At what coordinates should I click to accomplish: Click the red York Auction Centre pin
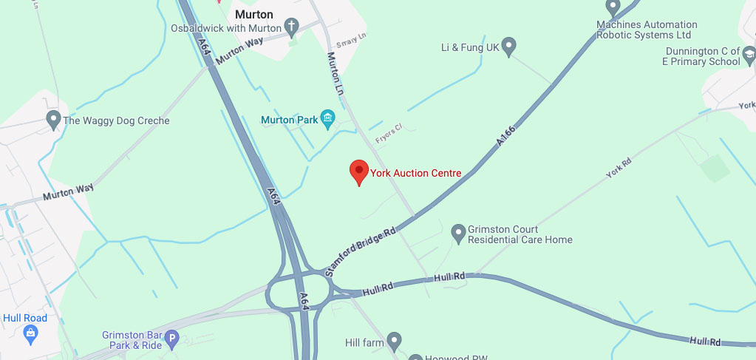click(x=358, y=171)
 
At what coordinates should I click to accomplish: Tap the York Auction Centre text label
click(x=416, y=173)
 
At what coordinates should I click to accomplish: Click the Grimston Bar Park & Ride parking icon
click(x=172, y=340)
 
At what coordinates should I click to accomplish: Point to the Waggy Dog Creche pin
click(x=53, y=119)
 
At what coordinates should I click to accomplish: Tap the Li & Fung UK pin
click(x=508, y=48)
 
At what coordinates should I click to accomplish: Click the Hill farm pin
click(x=395, y=342)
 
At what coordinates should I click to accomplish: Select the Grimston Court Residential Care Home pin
click(x=457, y=233)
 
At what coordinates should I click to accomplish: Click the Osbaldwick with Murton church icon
click(x=292, y=28)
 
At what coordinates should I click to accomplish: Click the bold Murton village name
click(x=253, y=14)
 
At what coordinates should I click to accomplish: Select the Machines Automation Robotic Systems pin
click(x=612, y=7)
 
